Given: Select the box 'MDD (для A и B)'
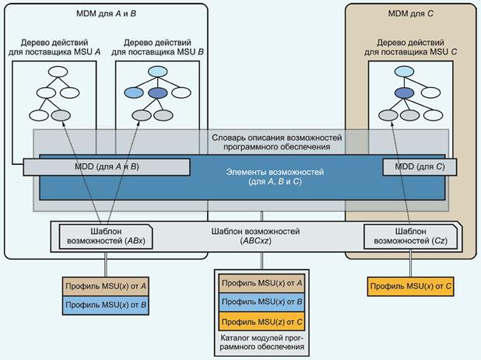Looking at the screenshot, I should click(107, 166).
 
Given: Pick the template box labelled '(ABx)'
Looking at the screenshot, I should click(107, 236).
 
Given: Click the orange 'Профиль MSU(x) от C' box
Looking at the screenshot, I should click(411, 287).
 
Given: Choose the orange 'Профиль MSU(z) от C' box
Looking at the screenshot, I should click(261, 321).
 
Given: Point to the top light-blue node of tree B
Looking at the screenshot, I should click(157, 72).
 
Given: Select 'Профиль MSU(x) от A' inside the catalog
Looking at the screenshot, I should click(261, 283).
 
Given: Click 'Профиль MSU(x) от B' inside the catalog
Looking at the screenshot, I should click(261, 302).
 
